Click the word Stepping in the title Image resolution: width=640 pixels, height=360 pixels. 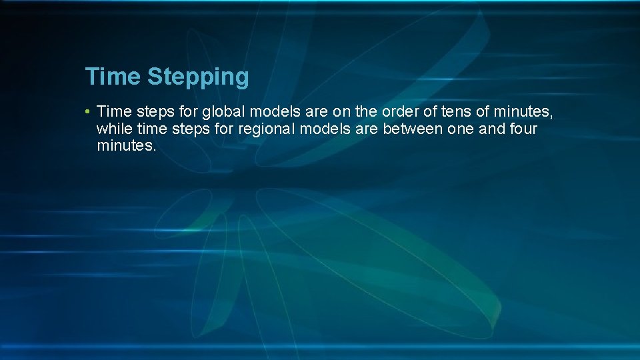[x=198, y=77]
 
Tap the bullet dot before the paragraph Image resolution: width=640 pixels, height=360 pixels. [x=88, y=111]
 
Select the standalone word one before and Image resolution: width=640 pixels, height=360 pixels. [x=461, y=128]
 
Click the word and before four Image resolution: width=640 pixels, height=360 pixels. [x=492, y=128]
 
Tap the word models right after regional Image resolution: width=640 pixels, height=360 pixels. [x=323, y=128]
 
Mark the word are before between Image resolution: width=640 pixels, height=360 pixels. [x=366, y=128]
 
